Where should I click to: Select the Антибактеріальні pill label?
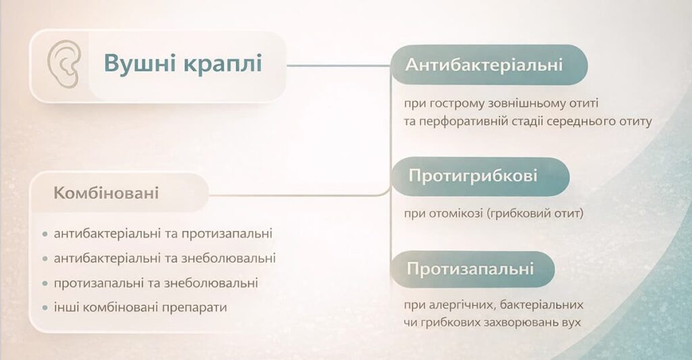pos(485,65)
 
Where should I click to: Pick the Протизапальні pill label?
pos(470,269)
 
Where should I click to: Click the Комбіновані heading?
pos(106,194)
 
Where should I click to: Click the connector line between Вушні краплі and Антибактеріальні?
pos(338,66)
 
